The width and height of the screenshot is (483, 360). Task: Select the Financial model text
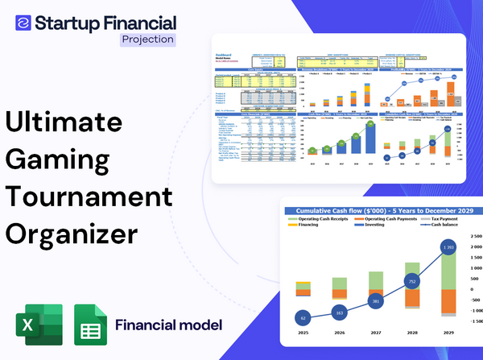168,325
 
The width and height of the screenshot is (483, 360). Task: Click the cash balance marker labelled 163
339,312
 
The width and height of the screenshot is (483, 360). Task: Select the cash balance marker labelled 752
411,282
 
